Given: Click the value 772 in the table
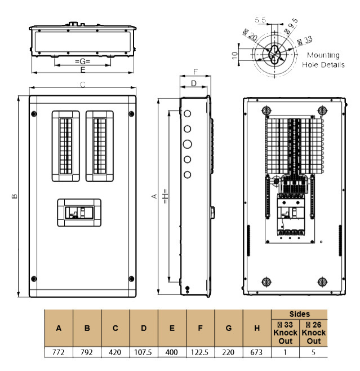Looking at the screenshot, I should coord(59,352).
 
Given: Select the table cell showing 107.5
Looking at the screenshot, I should coord(144,352).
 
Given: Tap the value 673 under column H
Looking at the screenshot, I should coord(256,352).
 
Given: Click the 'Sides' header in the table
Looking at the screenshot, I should coord(299,314).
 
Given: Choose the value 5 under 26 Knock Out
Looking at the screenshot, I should coord(313,352).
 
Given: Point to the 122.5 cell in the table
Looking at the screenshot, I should coord(200,352).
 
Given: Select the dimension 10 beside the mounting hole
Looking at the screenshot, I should coord(234,55).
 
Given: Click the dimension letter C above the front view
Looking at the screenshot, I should coord(82,85).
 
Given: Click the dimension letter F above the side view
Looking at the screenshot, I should coord(195,72).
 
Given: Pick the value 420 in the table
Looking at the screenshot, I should coord(115,352).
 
